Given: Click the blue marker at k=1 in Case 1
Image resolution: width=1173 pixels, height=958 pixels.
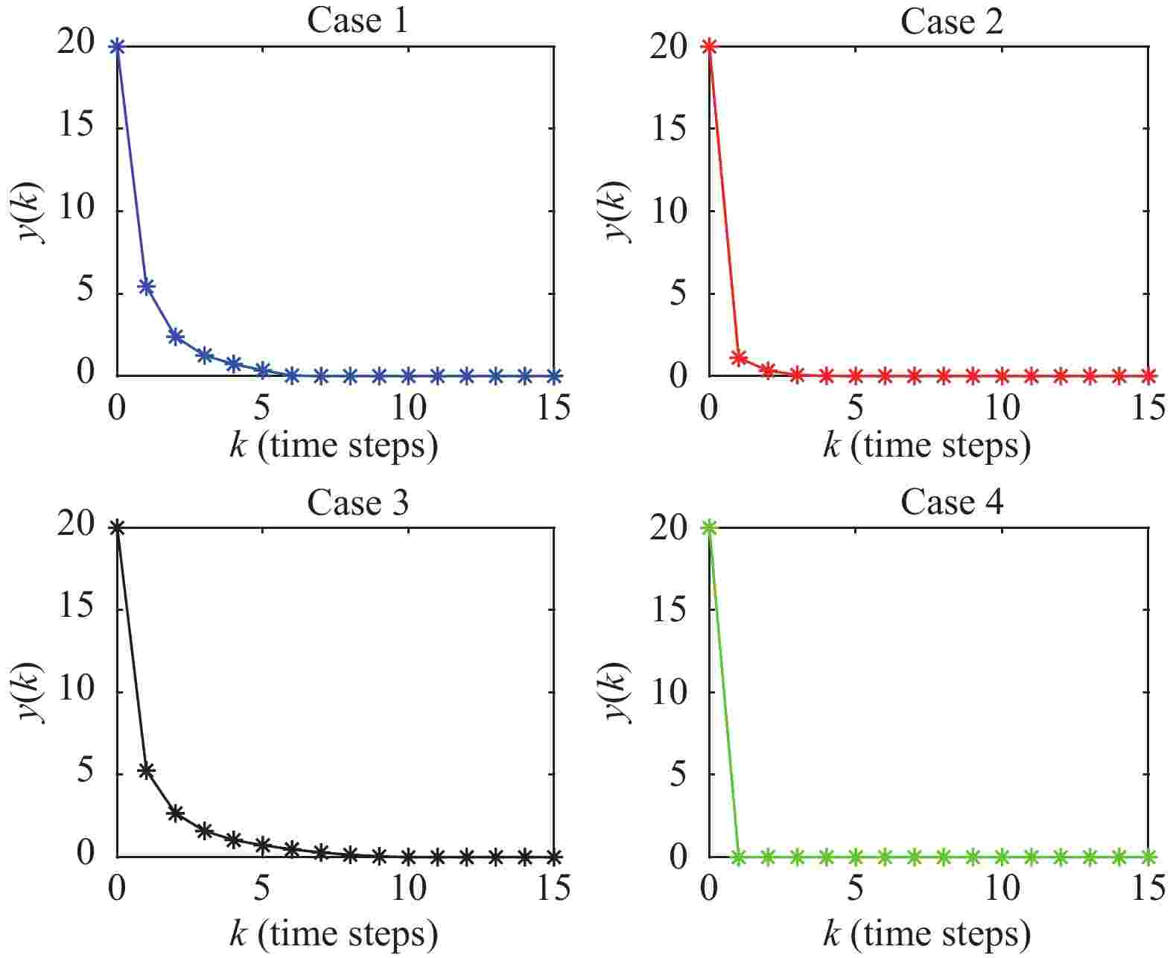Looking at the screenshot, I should pyautogui.click(x=146, y=286).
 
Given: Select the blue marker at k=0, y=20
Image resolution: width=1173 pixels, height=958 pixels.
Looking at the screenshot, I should pyautogui.click(x=116, y=46).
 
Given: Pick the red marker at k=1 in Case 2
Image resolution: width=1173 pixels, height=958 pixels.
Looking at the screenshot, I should pyautogui.click(x=739, y=357).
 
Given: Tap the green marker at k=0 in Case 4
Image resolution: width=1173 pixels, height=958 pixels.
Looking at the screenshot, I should pyautogui.click(x=709, y=527).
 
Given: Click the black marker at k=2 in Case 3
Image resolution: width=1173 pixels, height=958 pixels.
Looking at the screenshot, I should pyautogui.click(x=175, y=813).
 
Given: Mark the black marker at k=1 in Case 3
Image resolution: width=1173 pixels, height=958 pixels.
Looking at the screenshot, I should pyautogui.click(x=146, y=770).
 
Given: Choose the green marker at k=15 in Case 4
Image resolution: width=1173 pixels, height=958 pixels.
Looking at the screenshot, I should pyautogui.click(x=1148, y=857).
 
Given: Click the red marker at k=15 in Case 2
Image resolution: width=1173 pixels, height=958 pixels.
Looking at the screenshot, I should pyautogui.click(x=1148, y=375).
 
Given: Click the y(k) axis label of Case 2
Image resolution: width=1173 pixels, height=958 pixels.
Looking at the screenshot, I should pyautogui.click(x=617, y=210).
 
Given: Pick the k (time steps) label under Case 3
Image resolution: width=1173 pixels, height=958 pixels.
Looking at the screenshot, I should pyautogui.click(x=334, y=933).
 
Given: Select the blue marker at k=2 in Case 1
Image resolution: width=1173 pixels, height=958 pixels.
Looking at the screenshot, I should pyautogui.click(x=175, y=337).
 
